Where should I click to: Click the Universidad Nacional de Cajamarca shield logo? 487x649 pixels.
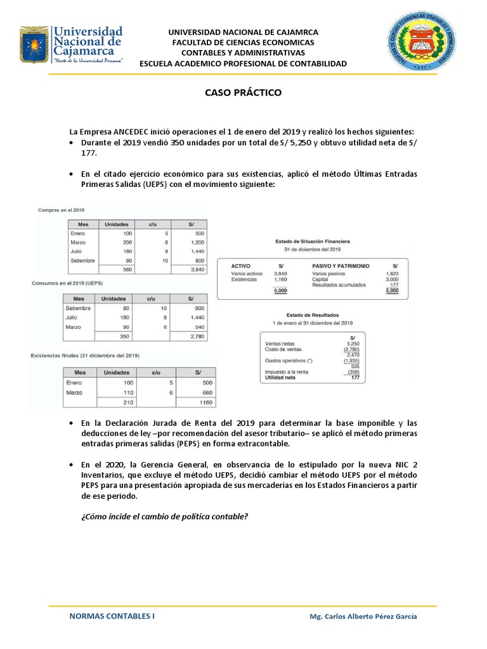point(33,44)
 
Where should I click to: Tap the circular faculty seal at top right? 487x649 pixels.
point(421,43)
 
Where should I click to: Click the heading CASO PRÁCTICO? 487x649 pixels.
point(243,93)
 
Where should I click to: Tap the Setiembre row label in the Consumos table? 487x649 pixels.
point(78,308)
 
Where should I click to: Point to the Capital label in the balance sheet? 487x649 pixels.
point(320,279)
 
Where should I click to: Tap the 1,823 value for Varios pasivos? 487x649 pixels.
point(392,273)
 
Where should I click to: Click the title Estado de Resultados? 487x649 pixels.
point(313,314)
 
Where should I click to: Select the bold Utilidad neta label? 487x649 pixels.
point(281,377)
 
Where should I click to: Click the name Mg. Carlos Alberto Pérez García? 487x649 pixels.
point(363,616)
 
